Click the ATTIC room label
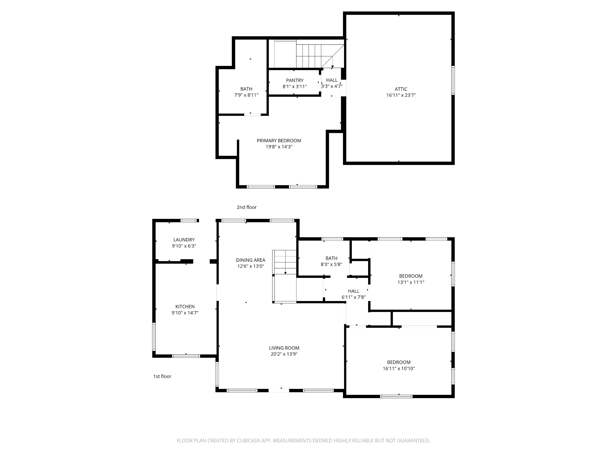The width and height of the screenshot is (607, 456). [401, 89]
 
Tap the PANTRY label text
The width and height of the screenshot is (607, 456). [295, 80]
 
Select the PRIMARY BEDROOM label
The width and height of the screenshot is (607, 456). [279, 141]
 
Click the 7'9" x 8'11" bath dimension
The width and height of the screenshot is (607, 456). [246, 95]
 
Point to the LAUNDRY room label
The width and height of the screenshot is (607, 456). [184, 240]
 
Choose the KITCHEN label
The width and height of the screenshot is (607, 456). [185, 307]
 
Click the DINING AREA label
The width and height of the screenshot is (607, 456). [250, 260]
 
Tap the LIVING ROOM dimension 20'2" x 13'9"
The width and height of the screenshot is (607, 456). [284, 354]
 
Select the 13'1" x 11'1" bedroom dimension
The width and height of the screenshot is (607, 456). [411, 282]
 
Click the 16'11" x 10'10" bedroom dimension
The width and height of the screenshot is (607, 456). [399, 369]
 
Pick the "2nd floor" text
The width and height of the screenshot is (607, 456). [247, 207]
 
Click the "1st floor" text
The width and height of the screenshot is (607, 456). [162, 376]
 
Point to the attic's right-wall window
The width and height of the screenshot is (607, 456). [453, 80]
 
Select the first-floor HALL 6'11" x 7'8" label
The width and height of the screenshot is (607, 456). [354, 294]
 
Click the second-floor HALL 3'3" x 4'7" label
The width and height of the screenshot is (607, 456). [332, 83]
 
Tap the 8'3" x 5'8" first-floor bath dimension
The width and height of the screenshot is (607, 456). [331, 265]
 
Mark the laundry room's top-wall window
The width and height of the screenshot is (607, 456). [189, 221]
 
